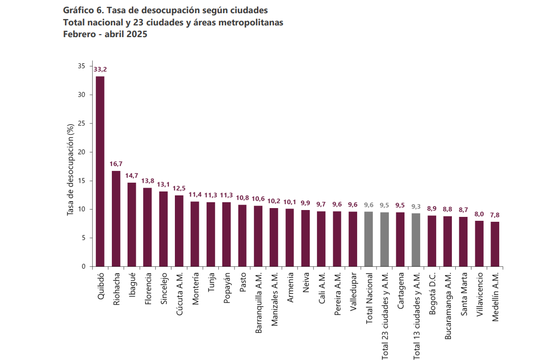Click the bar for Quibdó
[x=100, y=171]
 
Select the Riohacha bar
[x=116, y=219]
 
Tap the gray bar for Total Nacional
[x=368, y=239]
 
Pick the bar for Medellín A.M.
[x=495, y=244]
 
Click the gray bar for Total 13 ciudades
[x=416, y=240]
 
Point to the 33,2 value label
[x=100, y=69]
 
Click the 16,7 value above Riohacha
[x=116, y=164]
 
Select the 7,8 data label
[x=495, y=215]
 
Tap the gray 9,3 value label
[x=416, y=207]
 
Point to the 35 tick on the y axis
[x=82, y=66]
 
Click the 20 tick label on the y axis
[x=82, y=152]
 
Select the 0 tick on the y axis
[x=84, y=267]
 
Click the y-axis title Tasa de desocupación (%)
[x=70, y=169]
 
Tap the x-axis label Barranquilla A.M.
[x=258, y=303]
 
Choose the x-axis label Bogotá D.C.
[x=432, y=294]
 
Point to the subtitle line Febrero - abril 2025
[x=105, y=34]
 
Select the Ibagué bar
[x=131, y=225]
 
